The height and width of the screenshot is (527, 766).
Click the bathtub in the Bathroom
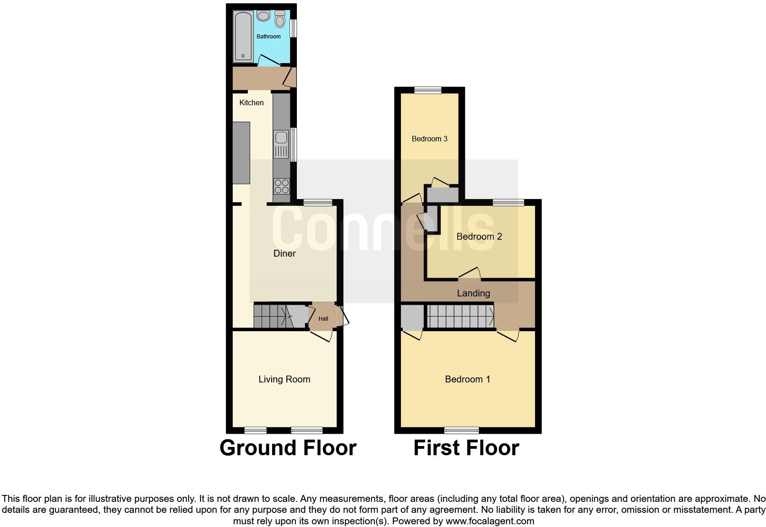click(x=243, y=37)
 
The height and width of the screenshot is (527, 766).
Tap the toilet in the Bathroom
click(x=280, y=19)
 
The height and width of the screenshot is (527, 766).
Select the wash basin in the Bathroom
click(x=263, y=16)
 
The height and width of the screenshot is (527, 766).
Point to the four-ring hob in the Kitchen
click(x=282, y=187)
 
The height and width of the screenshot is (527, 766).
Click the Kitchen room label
click(x=252, y=102)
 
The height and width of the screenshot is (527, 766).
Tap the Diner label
click(x=285, y=253)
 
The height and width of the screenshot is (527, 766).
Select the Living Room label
click(x=284, y=379)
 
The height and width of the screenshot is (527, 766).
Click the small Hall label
click(x=323, y=319)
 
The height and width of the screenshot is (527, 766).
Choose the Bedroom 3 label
click(x=429, y=139)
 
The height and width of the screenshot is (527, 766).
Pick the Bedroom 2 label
click(x=479, y=237)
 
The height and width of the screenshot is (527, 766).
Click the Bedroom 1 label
click(x=467, y=379)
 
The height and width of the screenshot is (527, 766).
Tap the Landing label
click(x=473, y=293)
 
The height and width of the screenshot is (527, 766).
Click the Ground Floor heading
click(x=288, y=448)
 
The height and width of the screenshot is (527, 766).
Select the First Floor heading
click(x=466, y=448)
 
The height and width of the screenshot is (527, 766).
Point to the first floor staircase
click(x=460, y=316)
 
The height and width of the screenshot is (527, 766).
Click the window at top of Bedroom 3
click(x=428, y=91)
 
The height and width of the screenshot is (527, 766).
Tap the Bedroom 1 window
click(x=461, y=430)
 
